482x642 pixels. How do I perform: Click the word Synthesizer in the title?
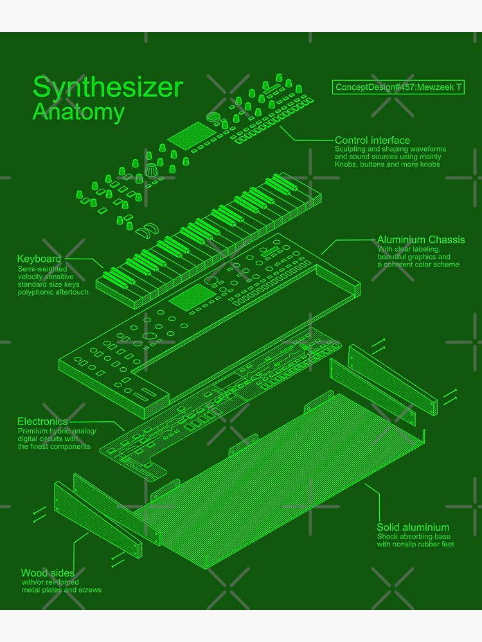107,87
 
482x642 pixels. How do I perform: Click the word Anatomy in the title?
78,112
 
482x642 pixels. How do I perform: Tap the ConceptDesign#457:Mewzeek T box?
398,87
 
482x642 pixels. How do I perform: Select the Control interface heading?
372,140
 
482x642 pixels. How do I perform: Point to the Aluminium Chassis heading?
420,239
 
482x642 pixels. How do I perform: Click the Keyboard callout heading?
39,259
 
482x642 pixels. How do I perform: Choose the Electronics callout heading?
42,421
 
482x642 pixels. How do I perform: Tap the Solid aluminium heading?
413,527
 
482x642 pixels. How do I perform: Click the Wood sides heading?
48,573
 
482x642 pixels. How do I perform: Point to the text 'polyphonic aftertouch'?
53,292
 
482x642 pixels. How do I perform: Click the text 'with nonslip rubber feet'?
415,544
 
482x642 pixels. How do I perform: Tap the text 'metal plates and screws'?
62,590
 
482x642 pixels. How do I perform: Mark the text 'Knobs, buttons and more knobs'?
387,165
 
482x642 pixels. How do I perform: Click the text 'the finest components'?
54,446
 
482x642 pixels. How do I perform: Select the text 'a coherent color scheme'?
418,265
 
